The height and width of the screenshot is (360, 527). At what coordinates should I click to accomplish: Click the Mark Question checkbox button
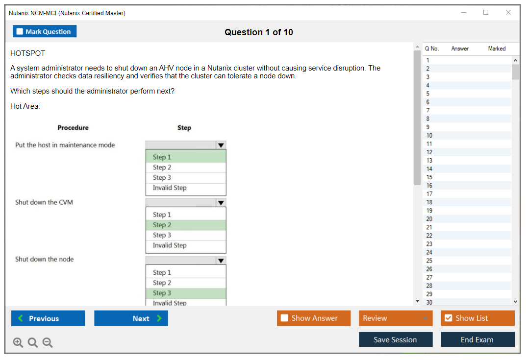pos(44,31)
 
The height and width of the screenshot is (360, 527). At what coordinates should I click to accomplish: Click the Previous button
pos(48,318)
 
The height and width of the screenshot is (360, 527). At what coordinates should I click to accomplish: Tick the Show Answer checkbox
pos(284,318)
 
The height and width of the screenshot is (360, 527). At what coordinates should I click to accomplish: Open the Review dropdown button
pos(396,318)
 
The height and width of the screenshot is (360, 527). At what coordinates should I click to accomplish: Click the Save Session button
pos(396,339)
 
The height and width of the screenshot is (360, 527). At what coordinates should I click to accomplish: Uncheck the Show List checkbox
pos(449,318)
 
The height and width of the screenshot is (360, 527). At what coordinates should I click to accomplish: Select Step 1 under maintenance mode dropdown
pos(186,157)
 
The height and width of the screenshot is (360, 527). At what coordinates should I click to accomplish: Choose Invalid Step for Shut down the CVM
pos(186,245)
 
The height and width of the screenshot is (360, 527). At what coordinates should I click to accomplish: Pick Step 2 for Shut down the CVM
pos(186,225)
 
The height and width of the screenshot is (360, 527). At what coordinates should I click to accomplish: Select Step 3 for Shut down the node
pos(186,293)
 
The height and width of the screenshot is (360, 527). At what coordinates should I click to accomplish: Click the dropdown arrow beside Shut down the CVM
pos(221,203)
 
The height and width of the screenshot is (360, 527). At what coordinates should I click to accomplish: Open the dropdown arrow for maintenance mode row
pos(221,145)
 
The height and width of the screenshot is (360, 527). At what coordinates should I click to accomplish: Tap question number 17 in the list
pos(429,194)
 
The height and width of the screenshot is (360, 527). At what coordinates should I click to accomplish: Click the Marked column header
pos(497,48)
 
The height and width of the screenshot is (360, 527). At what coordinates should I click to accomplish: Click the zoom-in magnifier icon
pos(18,342)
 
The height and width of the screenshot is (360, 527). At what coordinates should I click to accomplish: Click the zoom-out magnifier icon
pos(48,342)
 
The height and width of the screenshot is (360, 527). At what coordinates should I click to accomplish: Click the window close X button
pos(508,12)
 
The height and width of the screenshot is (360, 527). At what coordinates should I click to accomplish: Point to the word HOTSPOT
pos(27,53)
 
